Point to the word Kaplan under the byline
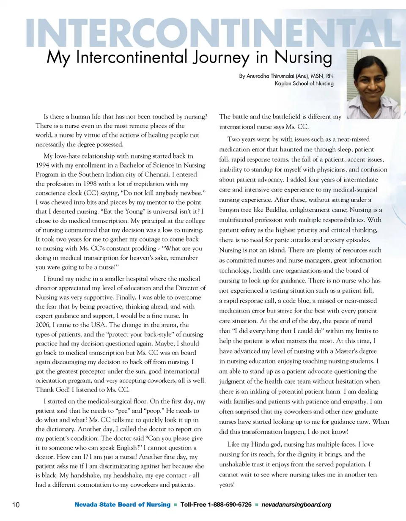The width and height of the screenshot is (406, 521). pyautogui.click(x=284, y=83)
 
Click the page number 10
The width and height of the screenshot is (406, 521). pyautogui.click(x=13, y=505)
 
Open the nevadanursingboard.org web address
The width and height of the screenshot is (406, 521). pyautogui.click(x=296, y=505)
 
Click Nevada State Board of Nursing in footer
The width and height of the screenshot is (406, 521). pyautogui.click(x=123, y=505)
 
